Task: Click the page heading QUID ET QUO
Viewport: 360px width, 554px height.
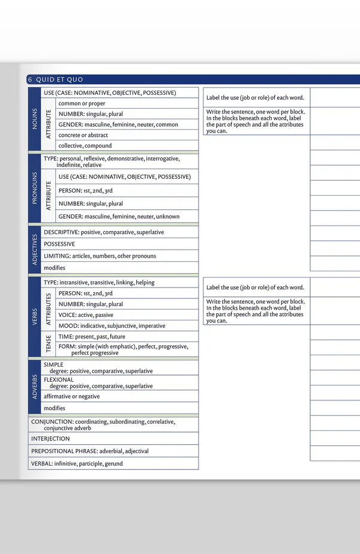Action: click(x=59, y=80)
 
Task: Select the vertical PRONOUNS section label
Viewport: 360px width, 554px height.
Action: click(x=34, y=188)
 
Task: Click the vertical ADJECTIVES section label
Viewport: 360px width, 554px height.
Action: click(x=34, y=249)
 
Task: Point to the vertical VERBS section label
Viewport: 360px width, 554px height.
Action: click(x=34, y=316)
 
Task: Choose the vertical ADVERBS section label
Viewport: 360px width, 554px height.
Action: click(x=34, y=387)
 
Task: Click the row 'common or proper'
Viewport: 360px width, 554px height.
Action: click(x=82, y=103)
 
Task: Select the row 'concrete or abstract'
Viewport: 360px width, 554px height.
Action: click(x=83, y=135)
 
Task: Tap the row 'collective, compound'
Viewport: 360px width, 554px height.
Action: click(x=85, y=146)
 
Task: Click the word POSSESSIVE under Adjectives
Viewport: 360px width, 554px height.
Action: click(x=59, y=244)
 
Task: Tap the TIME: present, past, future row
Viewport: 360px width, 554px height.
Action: click(x=92, y=337)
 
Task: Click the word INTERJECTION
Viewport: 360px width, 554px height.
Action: click(x=50, y=439)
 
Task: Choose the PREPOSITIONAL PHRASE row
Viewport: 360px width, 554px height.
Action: click(x=90, y=451)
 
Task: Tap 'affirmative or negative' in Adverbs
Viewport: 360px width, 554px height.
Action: click(x=72, y=397)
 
